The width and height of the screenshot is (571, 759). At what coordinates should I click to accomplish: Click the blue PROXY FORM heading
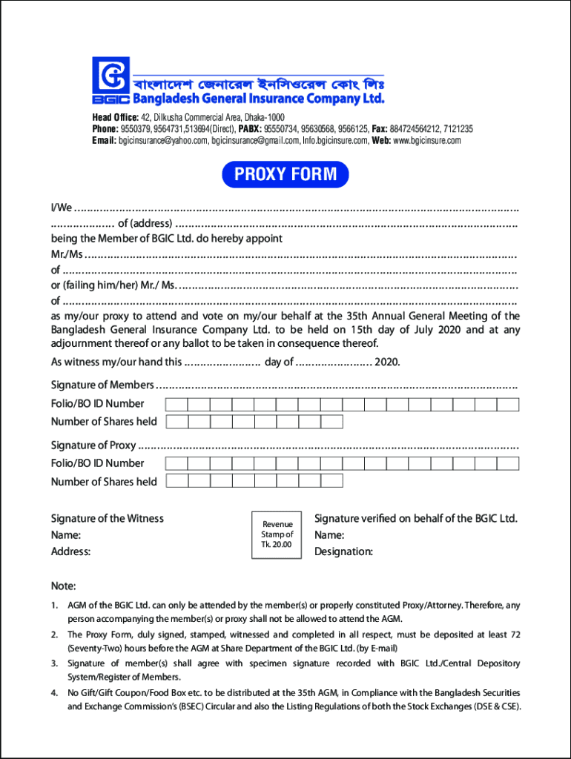coord(285,175)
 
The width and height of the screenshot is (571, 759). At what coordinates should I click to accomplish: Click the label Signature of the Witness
coord(107,518)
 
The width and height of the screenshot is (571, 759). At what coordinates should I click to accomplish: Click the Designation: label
coord(343,551)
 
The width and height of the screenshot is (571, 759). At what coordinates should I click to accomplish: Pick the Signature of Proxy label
coord(93,445)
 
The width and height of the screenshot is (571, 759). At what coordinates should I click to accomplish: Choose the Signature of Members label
coord(102,385)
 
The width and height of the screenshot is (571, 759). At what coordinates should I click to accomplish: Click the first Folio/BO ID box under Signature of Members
coord(176,404)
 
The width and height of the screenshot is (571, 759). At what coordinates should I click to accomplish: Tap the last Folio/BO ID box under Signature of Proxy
coord(508,463)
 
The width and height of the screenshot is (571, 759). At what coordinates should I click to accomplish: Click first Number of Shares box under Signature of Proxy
coord(176,481)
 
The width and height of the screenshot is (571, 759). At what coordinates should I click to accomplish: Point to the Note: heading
coord(63,586)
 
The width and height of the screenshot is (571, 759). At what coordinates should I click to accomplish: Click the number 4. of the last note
coord(54,693)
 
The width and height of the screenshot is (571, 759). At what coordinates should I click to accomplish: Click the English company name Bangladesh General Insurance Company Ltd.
coord(258,99)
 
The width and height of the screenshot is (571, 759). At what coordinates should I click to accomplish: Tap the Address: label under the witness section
coord(70,551)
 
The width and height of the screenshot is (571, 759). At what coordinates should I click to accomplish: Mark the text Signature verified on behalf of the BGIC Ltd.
coord(416,518)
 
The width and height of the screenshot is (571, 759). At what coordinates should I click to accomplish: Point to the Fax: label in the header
coord(380,129)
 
